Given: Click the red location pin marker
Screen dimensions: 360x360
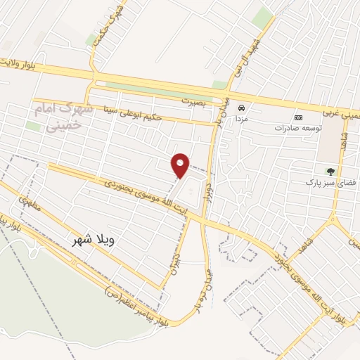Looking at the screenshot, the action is (x=181, y=165).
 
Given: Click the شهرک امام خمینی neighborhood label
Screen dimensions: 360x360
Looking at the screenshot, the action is (x=58, y=117).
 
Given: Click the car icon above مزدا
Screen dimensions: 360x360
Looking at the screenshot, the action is (x=241, y=108).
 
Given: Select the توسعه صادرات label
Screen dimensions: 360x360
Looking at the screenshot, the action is (x=298, y=128).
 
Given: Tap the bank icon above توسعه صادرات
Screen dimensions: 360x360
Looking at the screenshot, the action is (x=298, y=117).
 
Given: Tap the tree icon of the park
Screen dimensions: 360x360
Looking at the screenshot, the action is (x=330, y=171).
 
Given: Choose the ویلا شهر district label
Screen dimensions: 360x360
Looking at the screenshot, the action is (x=93, y=240).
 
